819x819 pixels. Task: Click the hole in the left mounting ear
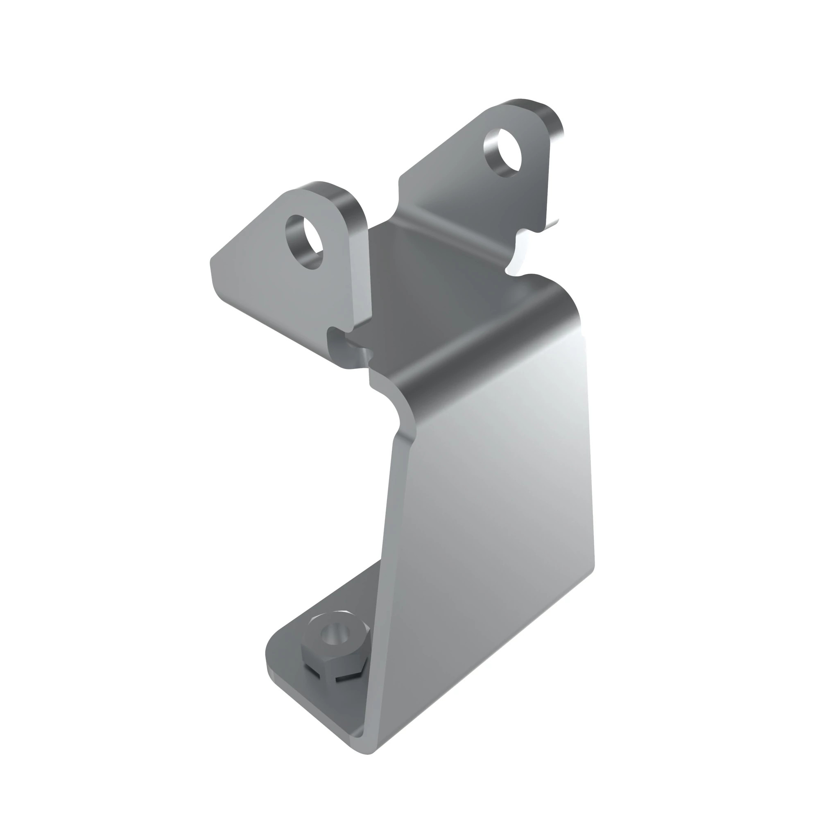pos(305,242)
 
